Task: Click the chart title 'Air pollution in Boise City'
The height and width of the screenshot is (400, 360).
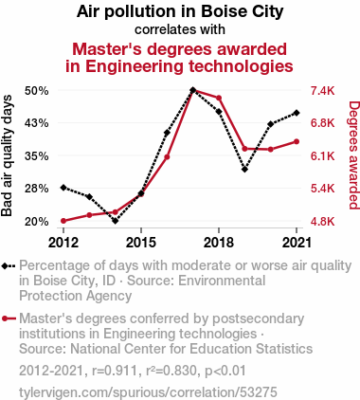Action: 180,11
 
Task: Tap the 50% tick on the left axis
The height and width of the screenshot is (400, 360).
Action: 37,91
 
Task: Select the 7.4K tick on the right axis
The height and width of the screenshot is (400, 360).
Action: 322,91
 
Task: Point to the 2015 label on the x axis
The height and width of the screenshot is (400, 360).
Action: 141,243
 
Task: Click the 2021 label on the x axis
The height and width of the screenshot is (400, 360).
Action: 297,243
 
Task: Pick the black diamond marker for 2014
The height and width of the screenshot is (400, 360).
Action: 115,221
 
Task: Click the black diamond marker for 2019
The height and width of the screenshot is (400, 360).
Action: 244,170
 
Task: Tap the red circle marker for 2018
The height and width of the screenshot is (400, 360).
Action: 219,98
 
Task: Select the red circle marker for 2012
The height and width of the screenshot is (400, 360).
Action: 63,221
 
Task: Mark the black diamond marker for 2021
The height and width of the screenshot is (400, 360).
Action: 297,113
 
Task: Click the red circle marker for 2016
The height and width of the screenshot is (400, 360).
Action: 167,157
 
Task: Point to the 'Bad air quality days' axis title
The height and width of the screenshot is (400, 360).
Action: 7,155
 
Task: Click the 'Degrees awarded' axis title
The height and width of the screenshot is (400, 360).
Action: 353,155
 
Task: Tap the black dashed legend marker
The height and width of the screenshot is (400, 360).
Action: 9,266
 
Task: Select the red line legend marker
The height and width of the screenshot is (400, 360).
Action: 9,318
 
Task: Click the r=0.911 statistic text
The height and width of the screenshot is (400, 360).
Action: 115,371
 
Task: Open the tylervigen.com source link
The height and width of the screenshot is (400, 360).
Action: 148,392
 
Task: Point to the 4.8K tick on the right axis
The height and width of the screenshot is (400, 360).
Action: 322,222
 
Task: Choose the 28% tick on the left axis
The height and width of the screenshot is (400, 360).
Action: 37,189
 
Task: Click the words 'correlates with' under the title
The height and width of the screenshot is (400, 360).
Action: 180,29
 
